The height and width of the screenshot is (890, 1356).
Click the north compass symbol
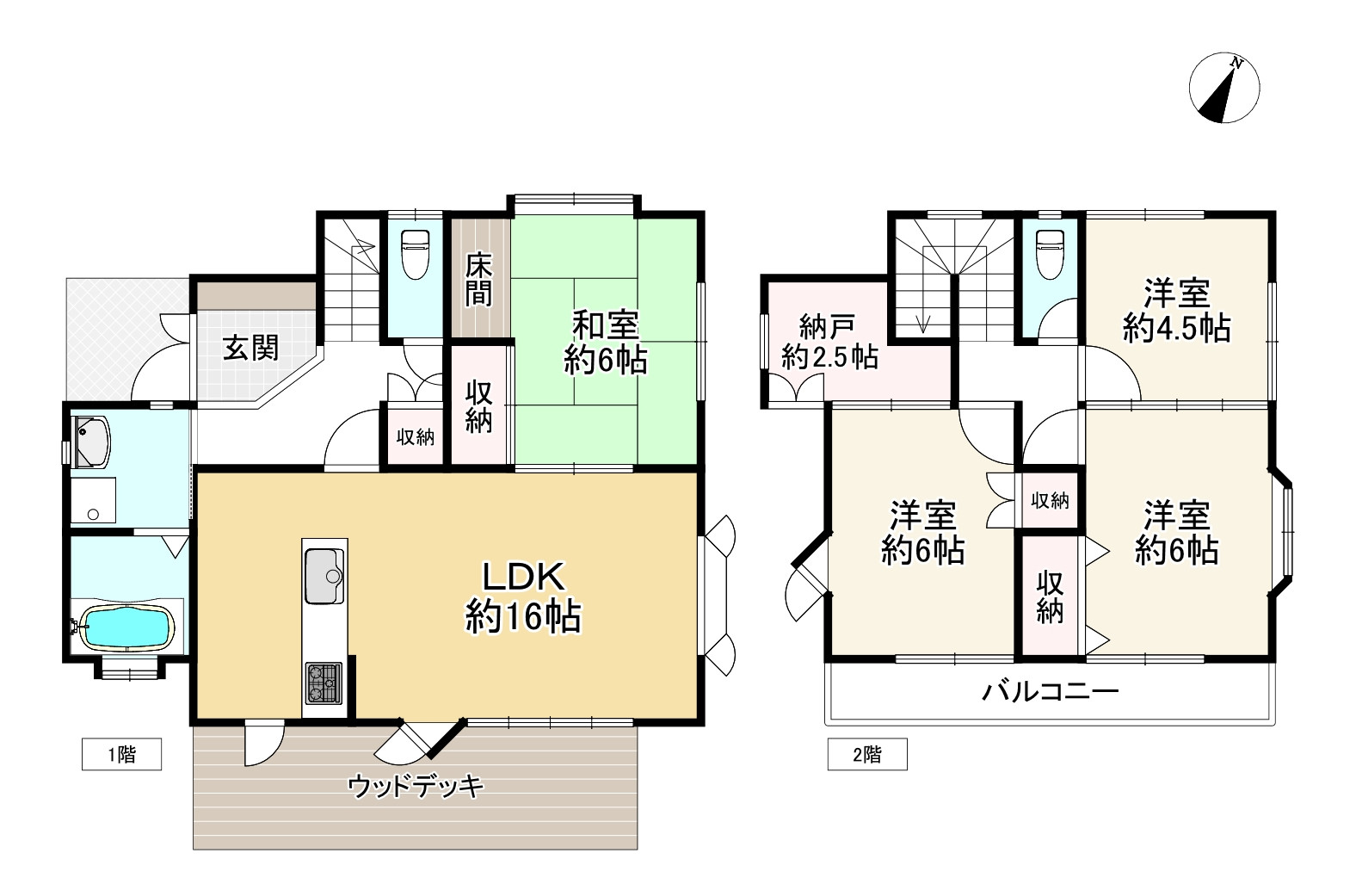click(1223, 88)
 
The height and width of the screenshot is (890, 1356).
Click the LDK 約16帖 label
click(522, 596)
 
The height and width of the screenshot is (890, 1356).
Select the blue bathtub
click(126, 627)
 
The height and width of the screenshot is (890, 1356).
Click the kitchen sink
click(324, 575)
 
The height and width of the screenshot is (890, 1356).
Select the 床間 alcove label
click(479, 280)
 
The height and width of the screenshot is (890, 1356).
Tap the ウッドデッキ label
click(416, 785)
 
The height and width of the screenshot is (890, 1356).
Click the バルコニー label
click(1051, 691)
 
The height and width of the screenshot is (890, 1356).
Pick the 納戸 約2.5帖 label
click(829, 342)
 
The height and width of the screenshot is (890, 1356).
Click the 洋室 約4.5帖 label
click(1176, 310)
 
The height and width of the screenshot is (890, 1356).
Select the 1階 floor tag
click(121, 755)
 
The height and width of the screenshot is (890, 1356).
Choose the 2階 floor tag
click(867, 755)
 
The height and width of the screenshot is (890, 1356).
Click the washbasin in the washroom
click(91, 441)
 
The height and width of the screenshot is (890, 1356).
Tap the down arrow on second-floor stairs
click(924, 321)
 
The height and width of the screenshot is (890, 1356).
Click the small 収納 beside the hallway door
click(415, 437)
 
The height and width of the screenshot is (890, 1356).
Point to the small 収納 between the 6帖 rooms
click(1050, 499)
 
